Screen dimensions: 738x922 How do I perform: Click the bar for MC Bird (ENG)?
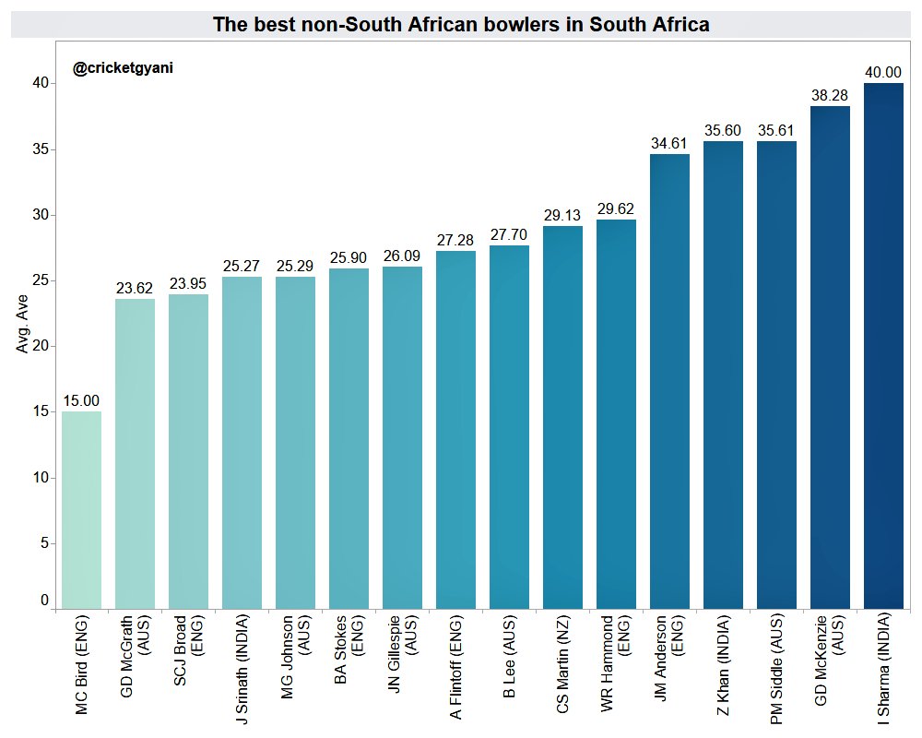pyautogui.click(x=81, y=510)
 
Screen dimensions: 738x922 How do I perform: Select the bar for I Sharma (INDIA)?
pyautogui.click(x=883, y=346)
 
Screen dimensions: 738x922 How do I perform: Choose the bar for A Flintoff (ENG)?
pyautogui.click(x=455, y=430)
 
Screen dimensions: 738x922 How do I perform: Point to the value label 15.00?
pyautogui.click(x=81, y=400)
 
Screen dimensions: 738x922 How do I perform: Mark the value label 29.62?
pyautogui.click(x=616, y=208)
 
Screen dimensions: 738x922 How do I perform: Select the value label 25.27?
pyautogui.click(x=242, y=266)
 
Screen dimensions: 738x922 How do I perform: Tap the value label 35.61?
pyautogui.click(x=776, y=130)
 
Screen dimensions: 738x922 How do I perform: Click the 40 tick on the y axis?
pyautogui.click(x=41, y=83)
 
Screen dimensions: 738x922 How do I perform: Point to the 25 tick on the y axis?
pyautogui.click(x=41, y=280)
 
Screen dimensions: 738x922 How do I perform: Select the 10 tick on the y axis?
pyautogui.click(x=41, y=478)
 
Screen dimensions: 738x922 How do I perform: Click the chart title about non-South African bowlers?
pyautogui.click(x=461, y=25)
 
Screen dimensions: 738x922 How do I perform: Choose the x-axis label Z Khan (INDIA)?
pyautogui.click(x=723, y=670)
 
